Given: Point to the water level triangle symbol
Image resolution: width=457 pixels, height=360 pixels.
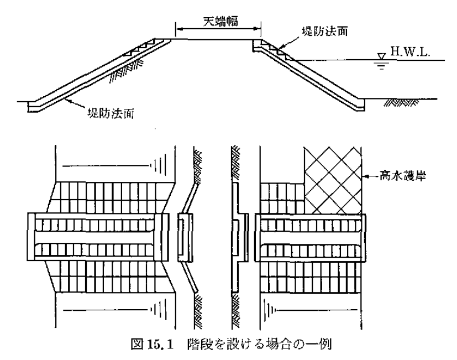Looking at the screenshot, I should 379,56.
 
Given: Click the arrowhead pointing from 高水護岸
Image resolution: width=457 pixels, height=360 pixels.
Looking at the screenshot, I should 364,177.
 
